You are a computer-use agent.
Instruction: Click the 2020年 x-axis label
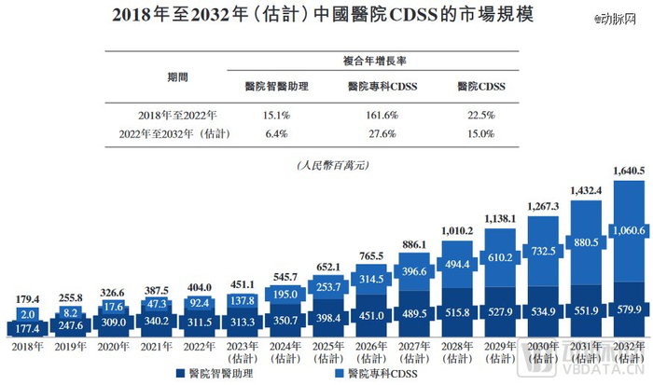pyautogui.click(x=114, y=346)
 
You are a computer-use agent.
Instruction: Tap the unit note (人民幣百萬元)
pyautogui.click(x=327, y=164)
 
